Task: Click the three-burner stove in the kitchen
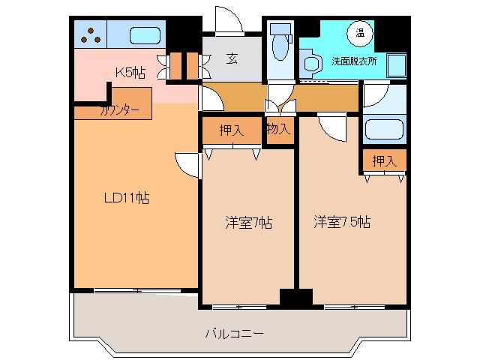[x=91, y=34]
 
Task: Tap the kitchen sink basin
[x=144, y=35]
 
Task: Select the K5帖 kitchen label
[x=130, y=73]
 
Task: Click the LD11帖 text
[x=126, y=199]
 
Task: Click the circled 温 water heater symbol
[x=360, y=32]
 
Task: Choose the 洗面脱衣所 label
[x=354, y=61]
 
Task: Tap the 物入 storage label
[x=278, y=129]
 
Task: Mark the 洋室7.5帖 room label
[x=341, y=222]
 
